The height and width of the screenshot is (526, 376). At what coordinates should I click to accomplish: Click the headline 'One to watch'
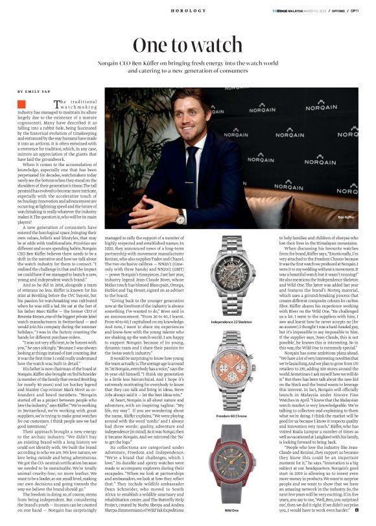click(x=187, y=46)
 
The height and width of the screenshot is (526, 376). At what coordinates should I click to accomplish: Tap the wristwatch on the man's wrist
click(x=180, y=218)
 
